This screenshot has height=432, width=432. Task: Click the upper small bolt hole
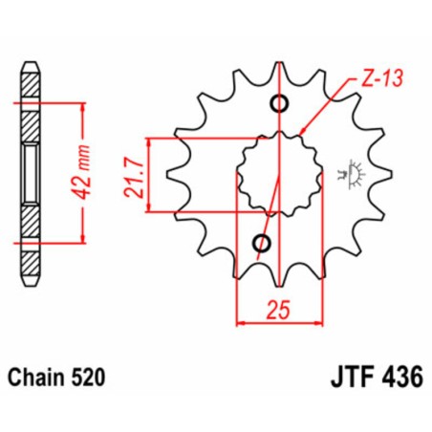coord(280,104)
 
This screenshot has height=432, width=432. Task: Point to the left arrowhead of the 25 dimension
coord(240,323)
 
